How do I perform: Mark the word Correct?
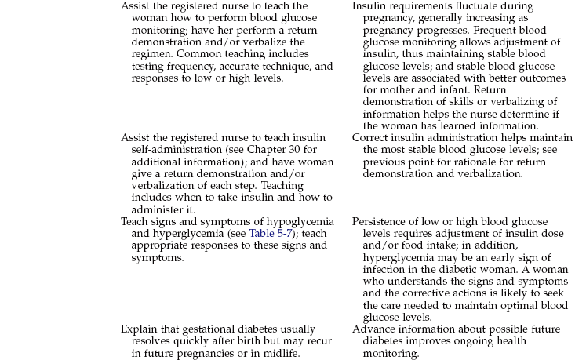click(370, 138)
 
